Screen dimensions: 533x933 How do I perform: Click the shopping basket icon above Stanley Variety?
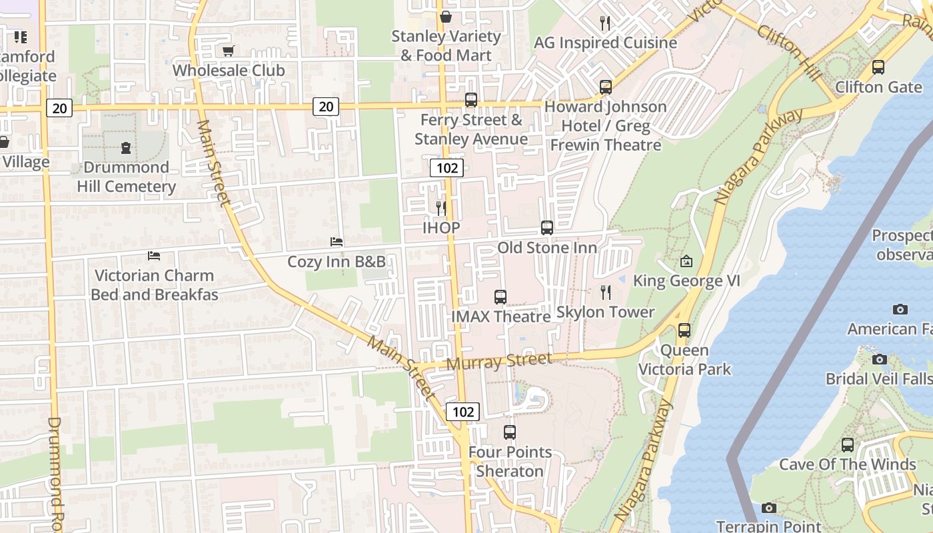click(445, 17)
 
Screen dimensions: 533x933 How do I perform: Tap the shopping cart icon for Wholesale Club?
click(229, 51)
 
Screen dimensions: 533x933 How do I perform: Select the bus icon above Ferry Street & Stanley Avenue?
click(471, 100)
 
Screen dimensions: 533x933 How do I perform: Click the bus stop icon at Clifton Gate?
click(878, 67)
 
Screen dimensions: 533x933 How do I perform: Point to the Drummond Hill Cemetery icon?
click(126, 147)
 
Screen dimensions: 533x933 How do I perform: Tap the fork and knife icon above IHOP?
click(441, 208)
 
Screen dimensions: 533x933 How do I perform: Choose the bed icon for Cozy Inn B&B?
click(337, 241)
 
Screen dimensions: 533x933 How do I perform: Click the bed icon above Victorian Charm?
click(154, 256)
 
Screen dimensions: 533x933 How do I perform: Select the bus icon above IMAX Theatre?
click(500, 297)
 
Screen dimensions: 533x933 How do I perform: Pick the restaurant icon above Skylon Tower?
click(605, 292)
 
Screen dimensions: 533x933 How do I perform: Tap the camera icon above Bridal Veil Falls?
click(880, 359)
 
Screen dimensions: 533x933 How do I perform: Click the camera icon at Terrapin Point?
click(768, 508)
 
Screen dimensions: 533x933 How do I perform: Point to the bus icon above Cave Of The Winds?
click(847, 444)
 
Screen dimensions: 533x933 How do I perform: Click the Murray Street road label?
click(499, 362)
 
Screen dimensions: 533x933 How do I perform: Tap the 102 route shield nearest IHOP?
click(447, 168)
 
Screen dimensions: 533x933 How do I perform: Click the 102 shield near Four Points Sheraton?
click(463, 411)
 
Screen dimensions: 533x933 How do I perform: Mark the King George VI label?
click(686, 281)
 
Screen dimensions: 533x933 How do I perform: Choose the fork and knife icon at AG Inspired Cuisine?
click(605, 23)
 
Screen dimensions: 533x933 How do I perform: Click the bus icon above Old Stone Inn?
click(547, 228)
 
